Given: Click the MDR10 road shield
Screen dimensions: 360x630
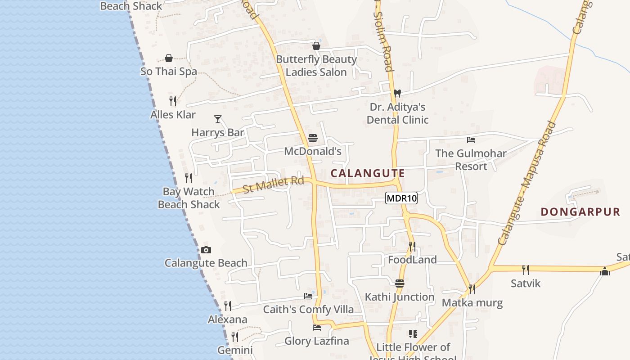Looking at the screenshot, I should point(401,198).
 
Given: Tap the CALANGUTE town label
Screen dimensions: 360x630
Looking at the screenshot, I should point(368,173).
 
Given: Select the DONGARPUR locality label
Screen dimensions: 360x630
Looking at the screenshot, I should point(580,212).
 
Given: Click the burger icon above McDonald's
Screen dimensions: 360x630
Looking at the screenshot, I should point(313,138).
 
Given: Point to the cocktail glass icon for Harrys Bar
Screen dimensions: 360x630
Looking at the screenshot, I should point(218,119).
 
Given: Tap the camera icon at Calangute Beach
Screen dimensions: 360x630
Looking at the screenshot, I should point(206,250).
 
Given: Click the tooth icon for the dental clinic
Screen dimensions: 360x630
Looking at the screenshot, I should point(397,94).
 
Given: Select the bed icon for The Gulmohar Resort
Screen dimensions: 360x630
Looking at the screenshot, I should point(471,140).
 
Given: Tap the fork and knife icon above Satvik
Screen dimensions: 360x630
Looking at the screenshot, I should point(525,270).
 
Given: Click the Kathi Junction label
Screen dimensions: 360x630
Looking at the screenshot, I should point(400,297).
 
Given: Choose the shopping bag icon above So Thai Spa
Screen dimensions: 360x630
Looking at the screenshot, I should point(169,58).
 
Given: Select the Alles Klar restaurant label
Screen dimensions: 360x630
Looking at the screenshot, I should point(173,115).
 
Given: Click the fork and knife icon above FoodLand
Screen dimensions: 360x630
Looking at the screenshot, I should point(412,246).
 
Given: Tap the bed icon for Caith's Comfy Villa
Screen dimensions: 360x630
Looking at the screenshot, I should point(308,296).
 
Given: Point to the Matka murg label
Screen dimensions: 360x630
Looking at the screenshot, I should point(472,302).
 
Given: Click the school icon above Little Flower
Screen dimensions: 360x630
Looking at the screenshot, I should point(413,334).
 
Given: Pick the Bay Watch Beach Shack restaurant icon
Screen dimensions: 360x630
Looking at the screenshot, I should point(189,178).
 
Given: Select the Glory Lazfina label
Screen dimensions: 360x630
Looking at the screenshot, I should point(317,341).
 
